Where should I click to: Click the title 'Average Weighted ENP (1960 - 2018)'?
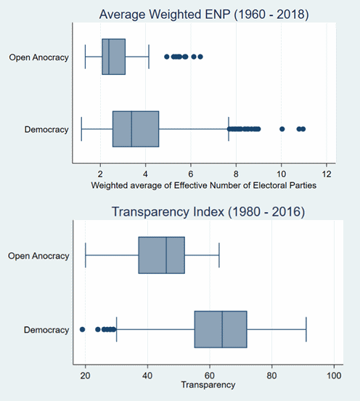pyautogui.click(x=204, y=14)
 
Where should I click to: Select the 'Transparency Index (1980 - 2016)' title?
pyautogui.click(x=208, y=211)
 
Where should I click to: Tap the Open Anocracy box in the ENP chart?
pyautogui.click(x=114, y=57)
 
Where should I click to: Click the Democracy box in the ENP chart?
pyautogui.click(x=136, y=129)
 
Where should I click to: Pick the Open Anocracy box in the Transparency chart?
pyautogui.click(x=161, y=255)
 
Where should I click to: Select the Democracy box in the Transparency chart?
pyautogui.click(x=221, y=329)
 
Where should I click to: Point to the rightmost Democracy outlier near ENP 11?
pyautogui.click(x=303, y=129)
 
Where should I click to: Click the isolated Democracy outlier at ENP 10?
pyautogui.click(x=282, y=129)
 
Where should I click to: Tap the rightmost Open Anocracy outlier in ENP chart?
pyautogui.click(x=200, y=57)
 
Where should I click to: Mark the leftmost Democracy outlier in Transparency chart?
pyautogui.click(x=82, y=329)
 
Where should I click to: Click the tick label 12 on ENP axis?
pyautogui.click(x=327, y=174)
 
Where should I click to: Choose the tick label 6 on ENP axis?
pyautogui.click(x=191, y=174)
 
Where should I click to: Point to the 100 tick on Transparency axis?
pyautogui.click(x=334, y=376)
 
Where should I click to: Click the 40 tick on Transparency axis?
pyautogui.click(x=147, y=376)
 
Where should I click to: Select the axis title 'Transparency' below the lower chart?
pyautogui.click(x=208, y=385)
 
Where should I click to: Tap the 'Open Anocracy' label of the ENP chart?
pyautogui.click(x=39, y=57)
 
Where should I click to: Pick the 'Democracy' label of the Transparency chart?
pyautogui.click(x=46, y=330)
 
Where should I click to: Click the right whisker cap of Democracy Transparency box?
pyautogui.click(x=306, y=329)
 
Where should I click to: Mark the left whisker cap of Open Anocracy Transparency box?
pyautogui.click(x=86, y=255)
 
